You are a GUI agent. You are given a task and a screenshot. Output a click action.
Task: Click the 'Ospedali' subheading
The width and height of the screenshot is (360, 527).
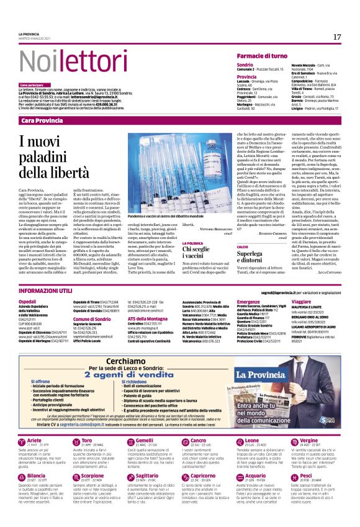(x=28, y=301)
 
